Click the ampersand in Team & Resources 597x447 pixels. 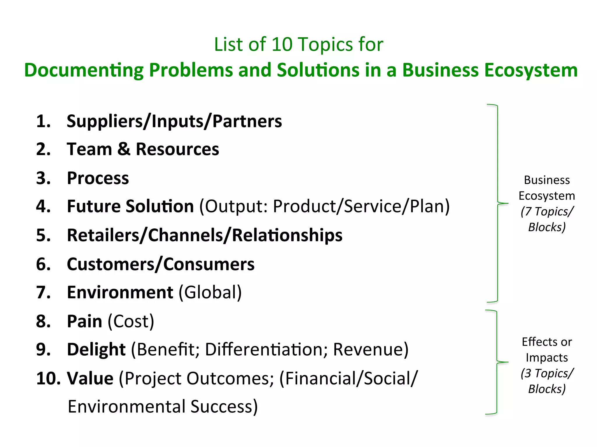pyautogui.click(x=124, y=149)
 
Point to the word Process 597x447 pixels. pyautogui.click(x=98, y=178)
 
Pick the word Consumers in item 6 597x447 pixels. pyautogui.click(x=209, y=264)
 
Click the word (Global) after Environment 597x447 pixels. pyautogui.click(x=210, y=292)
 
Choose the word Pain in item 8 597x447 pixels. pyautogui.click(x=85, y=321)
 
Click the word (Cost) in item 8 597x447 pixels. pyautogui.click(x=131, y=322)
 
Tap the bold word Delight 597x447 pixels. pyautogui.click(x=96, y=350)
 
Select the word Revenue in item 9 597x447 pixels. pyautogui.click(x=368, y=350)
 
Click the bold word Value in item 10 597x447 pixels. pyautogui.click(x=90, y=379)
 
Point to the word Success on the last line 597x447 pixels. pyautogui.click(x=224, y=407)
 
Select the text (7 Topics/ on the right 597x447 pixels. pyautogui.click(x=547, y=212)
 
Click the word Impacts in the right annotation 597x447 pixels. pyautogui.click(x=547, y=358)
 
